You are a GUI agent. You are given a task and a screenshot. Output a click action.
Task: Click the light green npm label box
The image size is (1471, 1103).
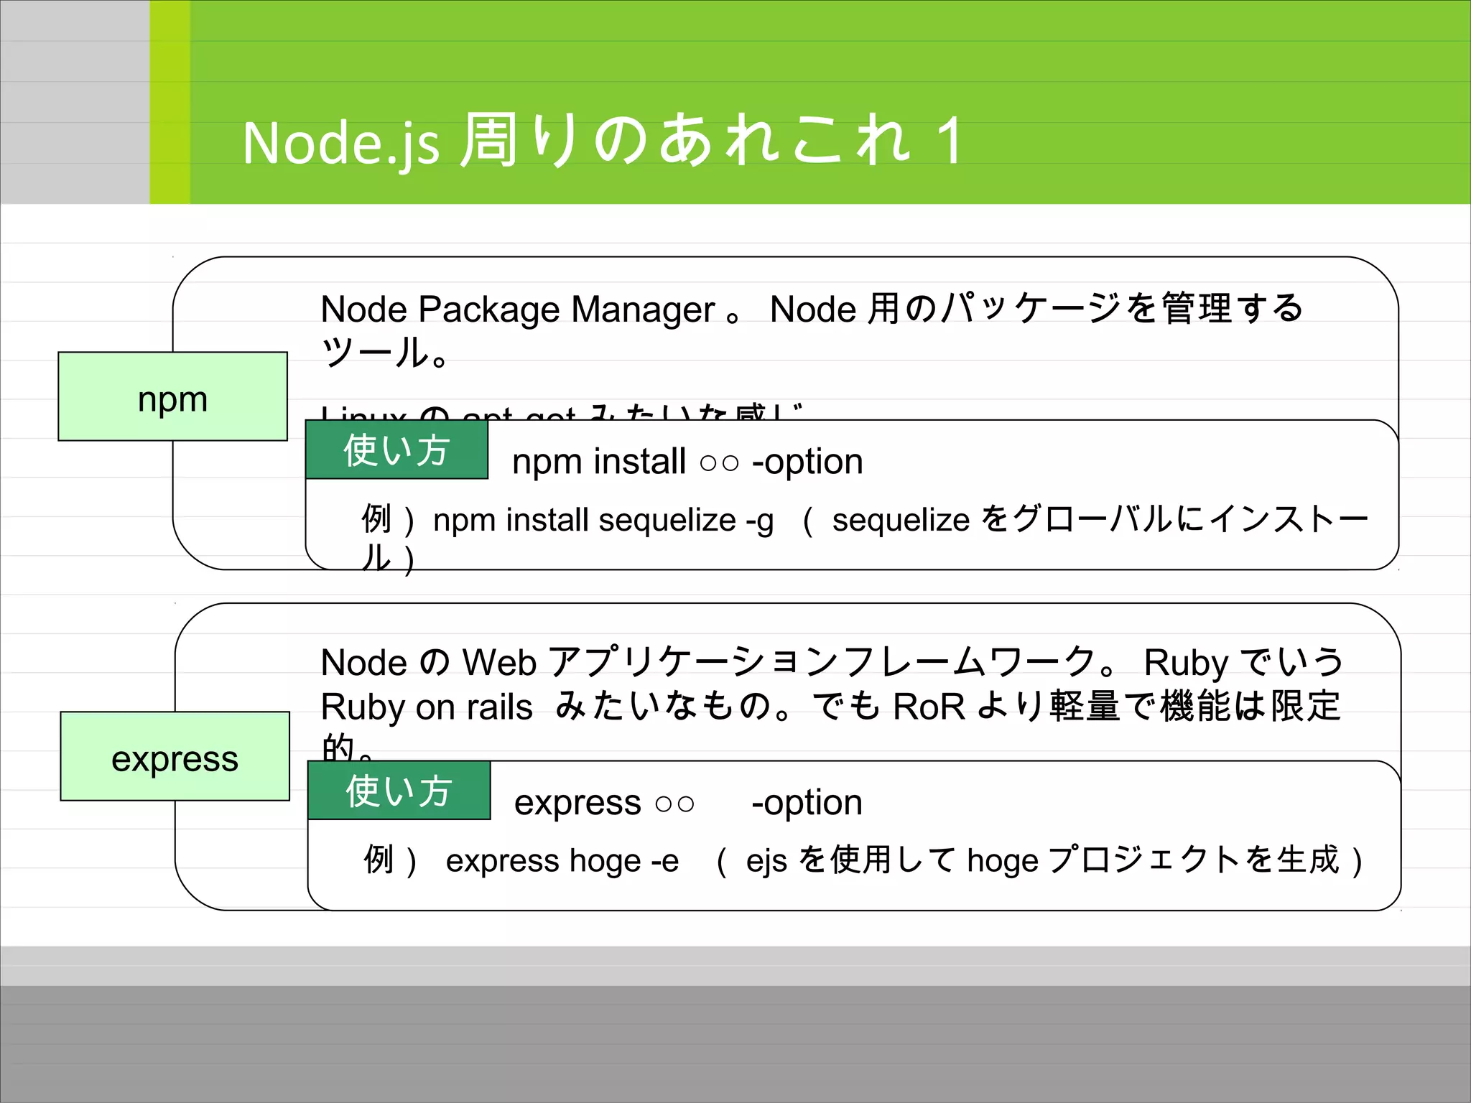coord(172,396)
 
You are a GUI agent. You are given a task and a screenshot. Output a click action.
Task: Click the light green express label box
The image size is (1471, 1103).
coord(175,756)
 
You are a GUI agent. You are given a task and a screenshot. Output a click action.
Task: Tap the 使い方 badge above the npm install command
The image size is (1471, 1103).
coord(396,450)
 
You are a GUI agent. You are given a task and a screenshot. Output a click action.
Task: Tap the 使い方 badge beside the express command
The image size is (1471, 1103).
coord(399,791)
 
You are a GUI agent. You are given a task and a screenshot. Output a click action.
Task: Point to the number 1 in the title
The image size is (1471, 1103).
coord(950,141)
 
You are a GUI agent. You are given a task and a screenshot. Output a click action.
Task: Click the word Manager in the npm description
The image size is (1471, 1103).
coord(644,310)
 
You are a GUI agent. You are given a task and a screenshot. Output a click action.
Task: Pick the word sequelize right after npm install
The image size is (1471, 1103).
coord(667,520)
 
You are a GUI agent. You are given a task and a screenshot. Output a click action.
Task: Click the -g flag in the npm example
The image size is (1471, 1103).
coord(760,520)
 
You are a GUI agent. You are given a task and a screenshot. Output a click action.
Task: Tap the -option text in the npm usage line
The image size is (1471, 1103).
coord(807,461)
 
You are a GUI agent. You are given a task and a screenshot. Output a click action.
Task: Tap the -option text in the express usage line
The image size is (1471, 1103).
coord(807,802)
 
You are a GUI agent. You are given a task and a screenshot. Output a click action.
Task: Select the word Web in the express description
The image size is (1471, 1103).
coord(499,662)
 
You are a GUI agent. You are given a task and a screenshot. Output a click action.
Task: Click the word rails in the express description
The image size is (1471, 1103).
coord(500,707)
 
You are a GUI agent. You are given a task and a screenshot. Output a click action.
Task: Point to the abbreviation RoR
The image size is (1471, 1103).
coord(929,707)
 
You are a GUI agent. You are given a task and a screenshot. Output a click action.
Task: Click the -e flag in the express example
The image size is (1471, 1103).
coord(664,860)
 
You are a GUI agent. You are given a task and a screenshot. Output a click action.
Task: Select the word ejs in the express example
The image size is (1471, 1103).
coord(766,860)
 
